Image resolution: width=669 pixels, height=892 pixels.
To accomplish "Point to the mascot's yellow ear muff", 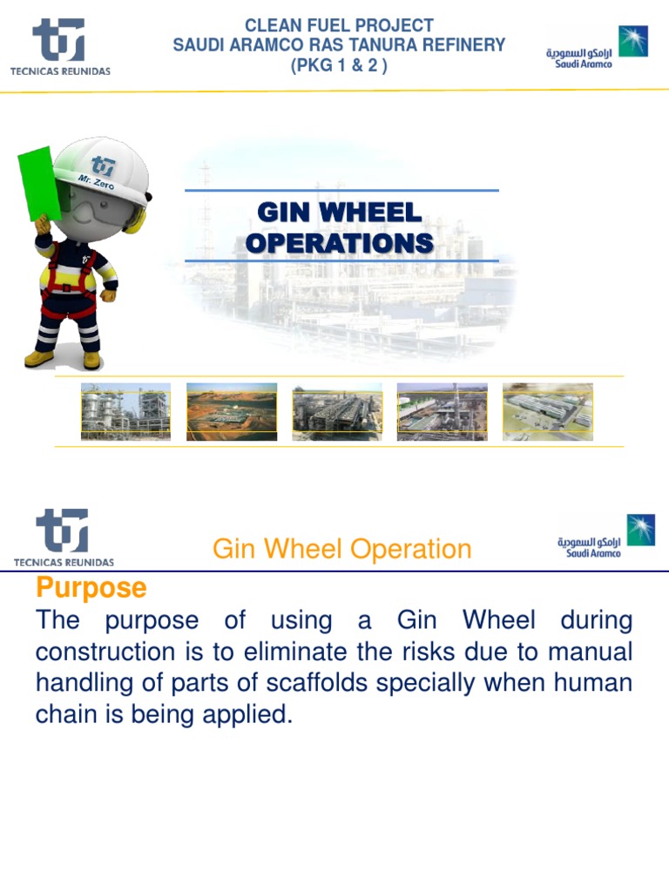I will [134, 218].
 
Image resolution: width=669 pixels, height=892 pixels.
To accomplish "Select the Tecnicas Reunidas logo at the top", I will [59, 47].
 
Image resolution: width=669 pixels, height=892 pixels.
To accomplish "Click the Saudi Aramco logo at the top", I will [597, 47].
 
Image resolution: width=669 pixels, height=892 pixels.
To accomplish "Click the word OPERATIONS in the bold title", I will [339, 243].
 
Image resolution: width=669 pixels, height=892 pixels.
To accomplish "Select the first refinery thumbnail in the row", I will [125, 411].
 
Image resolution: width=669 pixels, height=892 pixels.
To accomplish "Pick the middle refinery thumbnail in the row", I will [337, 411].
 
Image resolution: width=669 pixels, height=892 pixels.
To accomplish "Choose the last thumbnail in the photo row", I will [547, 411].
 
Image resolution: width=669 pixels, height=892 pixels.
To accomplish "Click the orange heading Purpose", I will [91, 588].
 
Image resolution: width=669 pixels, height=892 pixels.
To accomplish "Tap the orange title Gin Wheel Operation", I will [341, 549].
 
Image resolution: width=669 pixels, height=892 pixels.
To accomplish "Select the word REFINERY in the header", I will [463, 45].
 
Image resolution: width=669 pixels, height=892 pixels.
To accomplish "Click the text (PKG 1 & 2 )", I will [339, 65].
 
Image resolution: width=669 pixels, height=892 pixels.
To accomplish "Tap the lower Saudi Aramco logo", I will [606, 536].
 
